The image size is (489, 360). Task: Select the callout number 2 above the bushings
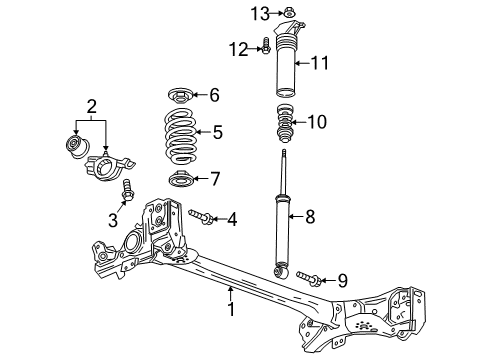tap(91, 105)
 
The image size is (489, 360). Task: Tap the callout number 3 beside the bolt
tap(113, 220)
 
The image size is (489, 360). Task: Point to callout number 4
tap(231, 219)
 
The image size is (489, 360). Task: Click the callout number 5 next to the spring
tap(218, 131)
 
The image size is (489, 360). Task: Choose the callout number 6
tap(213, 94)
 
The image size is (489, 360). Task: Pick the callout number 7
tap(215, 179)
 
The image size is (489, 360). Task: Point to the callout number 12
tap(237, 48)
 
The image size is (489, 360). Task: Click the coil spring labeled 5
tap(180, 136)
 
